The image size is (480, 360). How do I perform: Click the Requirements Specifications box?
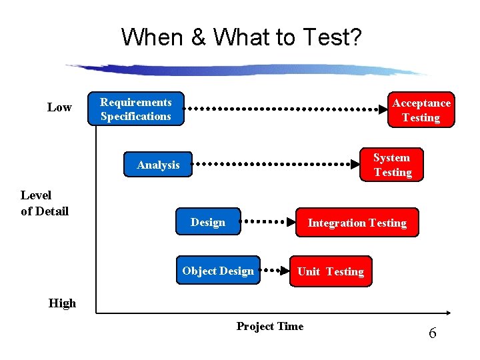(136, 109)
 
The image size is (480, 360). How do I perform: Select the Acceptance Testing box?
(421, 110)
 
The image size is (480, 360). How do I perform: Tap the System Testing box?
(391, 165)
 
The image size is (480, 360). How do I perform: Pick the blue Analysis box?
(159, 165)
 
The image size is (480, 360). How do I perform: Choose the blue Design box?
(208, 222)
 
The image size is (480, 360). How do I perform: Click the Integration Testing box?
(357, 223)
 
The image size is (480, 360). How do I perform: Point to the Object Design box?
(218, 271)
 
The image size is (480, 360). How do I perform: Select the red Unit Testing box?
(330, 271)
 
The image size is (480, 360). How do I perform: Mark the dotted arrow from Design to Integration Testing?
(267, 221)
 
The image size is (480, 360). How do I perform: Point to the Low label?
(59, 107)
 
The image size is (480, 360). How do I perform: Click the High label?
(62, 303)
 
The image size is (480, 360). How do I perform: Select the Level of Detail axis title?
(45, 203)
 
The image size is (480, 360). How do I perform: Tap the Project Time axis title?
(269, 326)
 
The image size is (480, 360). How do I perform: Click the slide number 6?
(432, 333)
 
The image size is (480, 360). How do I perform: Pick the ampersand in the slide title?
(198, 37)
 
